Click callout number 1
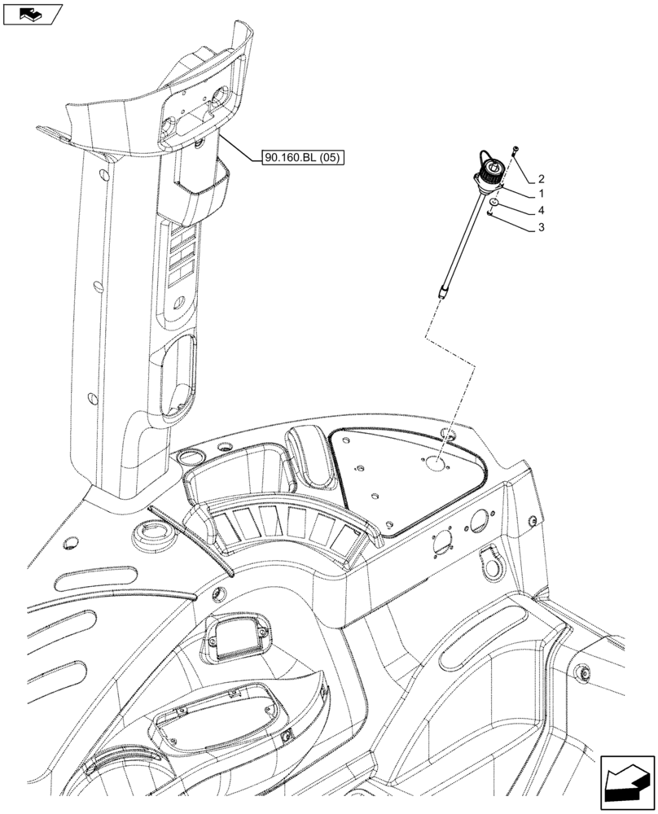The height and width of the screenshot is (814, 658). click(541, 195)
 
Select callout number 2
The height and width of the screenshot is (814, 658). click(541, 178)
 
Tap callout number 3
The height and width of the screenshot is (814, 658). click(541, 229)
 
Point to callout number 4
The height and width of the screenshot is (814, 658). click(541, 212)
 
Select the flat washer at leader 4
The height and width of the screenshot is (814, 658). click(495, 202)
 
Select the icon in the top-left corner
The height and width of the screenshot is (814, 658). click(32, 13)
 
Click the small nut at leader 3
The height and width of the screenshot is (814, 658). click(489, 214)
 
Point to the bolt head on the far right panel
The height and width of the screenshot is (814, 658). click(583, 672)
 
